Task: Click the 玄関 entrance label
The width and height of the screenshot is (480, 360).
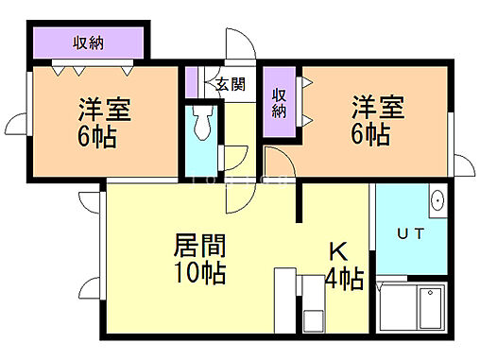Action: [230, 84]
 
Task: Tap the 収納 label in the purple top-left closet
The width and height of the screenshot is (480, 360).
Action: [89, 43]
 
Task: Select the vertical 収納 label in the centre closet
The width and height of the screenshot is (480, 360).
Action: [280, 102]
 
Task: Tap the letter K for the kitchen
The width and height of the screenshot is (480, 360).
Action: [337, 252]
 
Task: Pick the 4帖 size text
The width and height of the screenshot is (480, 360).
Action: [344, 280]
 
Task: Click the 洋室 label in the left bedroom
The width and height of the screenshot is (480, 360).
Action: [104, 107]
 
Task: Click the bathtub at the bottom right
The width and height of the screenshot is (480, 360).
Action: [417, 309]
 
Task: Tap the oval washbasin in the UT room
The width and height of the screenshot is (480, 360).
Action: [437, 200]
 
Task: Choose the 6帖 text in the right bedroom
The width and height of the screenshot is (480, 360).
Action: [371, 134]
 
